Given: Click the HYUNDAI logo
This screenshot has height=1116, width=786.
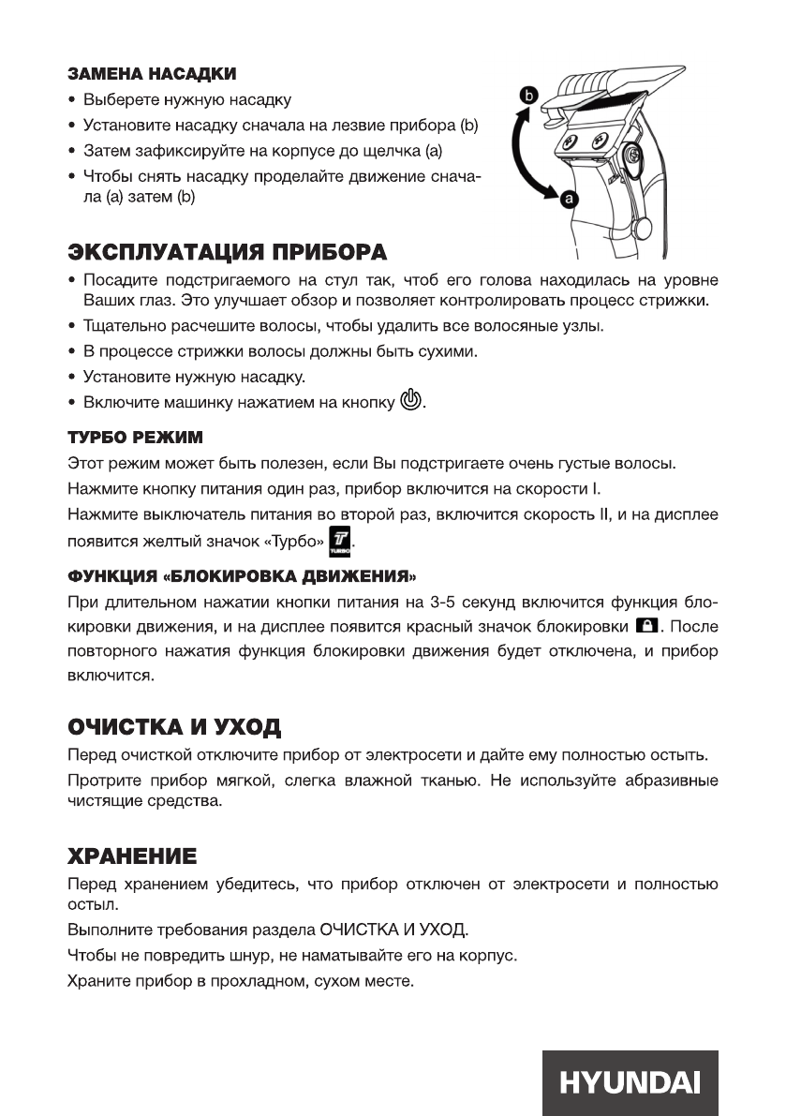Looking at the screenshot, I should (x=629, y=1082).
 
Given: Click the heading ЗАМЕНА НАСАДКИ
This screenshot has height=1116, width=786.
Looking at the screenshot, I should (x=151, y=73).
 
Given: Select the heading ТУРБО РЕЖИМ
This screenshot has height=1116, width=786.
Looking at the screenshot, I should (x=135, y=438).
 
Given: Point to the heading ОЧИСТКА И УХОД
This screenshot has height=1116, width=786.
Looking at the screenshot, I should (x=174, y=727).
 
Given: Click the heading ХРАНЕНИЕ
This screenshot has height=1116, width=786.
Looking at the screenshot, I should (x=132, y=855).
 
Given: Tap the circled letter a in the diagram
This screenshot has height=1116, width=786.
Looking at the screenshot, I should (x=567, y=199).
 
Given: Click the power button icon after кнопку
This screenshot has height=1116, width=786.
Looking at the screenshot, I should (x=411, y=402).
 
